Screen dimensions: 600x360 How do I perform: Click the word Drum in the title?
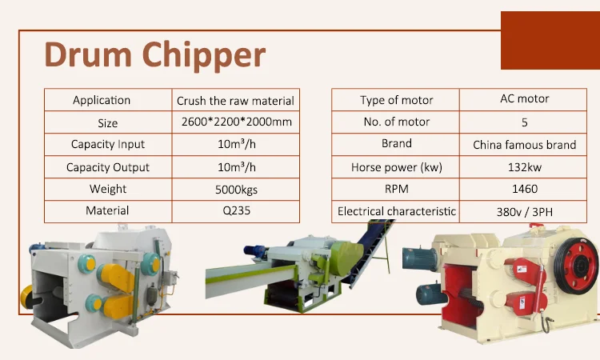tap(88, 54)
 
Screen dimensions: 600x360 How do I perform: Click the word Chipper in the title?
tap(204, 56)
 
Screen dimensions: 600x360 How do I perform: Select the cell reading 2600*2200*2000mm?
tap(236, 122)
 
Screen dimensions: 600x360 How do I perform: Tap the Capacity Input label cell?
tap(108, 144)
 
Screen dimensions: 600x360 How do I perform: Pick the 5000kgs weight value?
tap(236, 190)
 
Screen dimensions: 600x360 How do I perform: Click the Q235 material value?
tap(236, 210)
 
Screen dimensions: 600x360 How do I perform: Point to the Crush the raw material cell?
tap(236, 100)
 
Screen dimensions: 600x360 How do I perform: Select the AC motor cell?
tap(524, 98)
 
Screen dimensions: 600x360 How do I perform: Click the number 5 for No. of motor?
tap(524, 122)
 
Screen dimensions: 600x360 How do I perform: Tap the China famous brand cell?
tap(524, 145)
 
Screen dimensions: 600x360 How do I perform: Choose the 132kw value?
tap(524, 167)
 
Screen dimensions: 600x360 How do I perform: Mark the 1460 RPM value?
tap(524, 189)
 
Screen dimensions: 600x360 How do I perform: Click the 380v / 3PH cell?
tap(524, 211)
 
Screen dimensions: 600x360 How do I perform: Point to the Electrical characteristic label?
tap(397, 211)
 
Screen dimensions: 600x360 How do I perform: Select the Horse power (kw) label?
tap(397, 167)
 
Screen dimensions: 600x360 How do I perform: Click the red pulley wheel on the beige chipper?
tap(577, 266)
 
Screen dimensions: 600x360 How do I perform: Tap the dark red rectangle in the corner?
tap(550, 40)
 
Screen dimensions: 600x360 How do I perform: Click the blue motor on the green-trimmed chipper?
tap(256, 251)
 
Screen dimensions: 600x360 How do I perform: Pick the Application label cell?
tap(102, 100)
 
